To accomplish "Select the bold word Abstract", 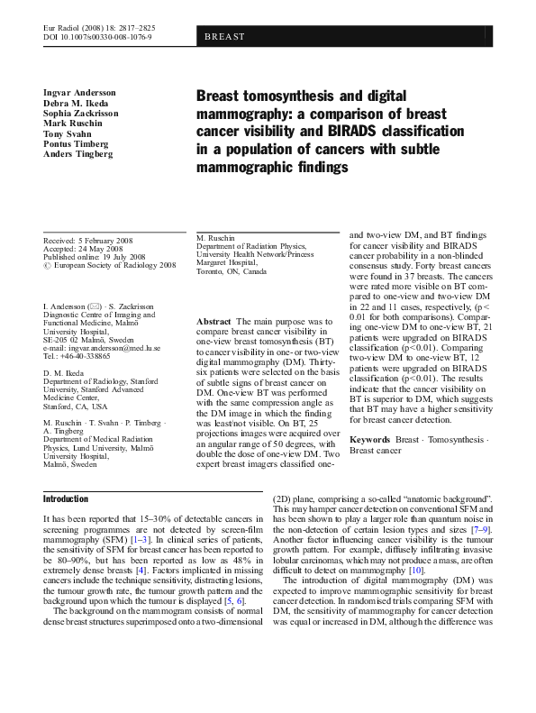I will (213, 322).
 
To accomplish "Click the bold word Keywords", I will (370, 439).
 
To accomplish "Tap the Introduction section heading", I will (66, 498).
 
